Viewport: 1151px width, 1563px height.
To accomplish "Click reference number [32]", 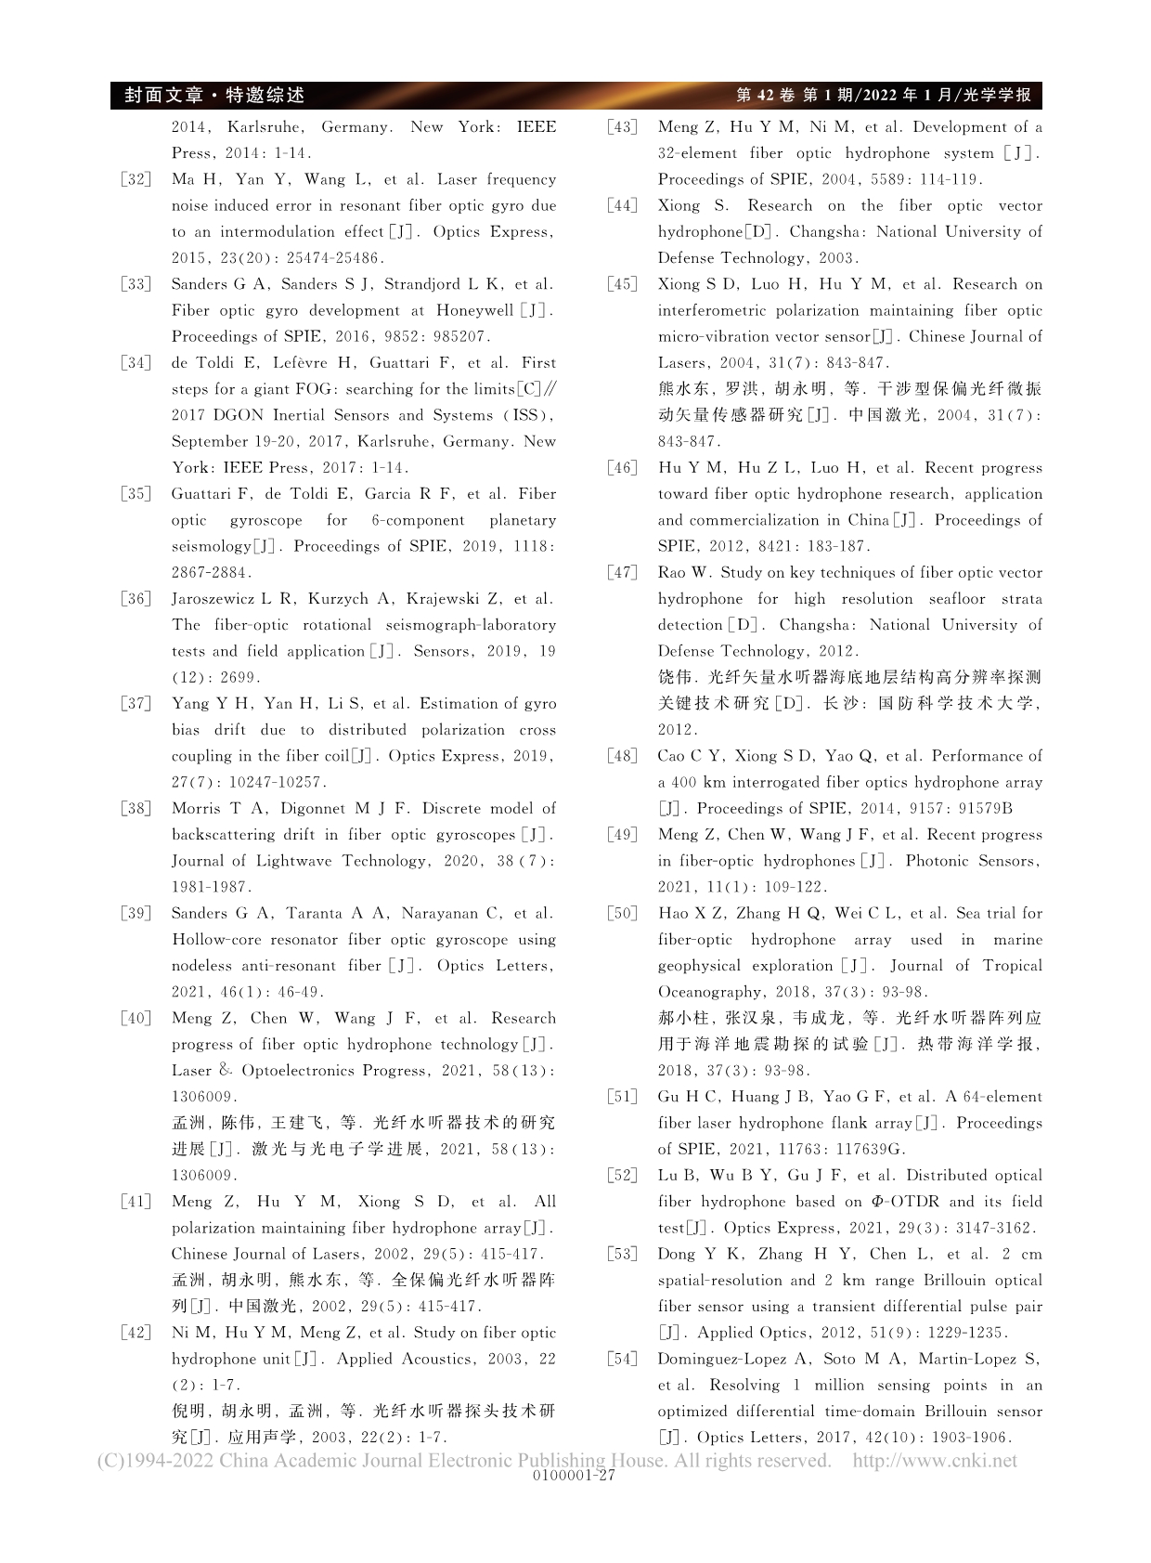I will pyautogui.click(x=136, y=180).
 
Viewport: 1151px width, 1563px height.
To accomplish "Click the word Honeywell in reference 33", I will pyautogui.click(x=474, y=311).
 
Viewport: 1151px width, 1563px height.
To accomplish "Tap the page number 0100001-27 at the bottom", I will pyautogui.click(x=575, y=1476).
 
